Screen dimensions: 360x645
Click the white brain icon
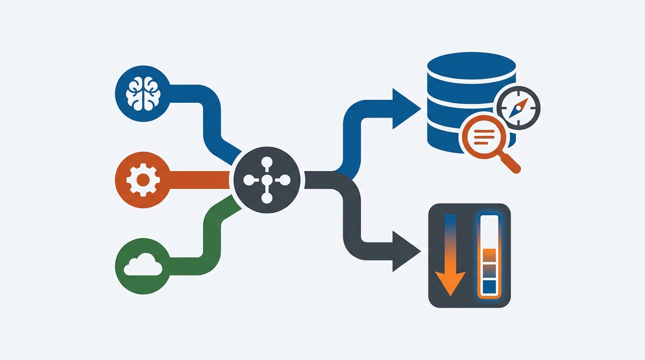(x=143, y=93)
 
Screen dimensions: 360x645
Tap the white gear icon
(x=143, y=180)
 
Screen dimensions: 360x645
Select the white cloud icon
(x=143, y=265)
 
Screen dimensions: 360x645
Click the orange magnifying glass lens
(x=481, y=135)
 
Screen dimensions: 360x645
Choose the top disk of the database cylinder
(x=472, y=62)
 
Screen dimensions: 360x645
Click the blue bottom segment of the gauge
(x=489, y=285)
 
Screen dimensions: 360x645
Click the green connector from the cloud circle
(x=206, y=234)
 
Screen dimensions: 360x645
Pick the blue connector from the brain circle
(x=206, y=112)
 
